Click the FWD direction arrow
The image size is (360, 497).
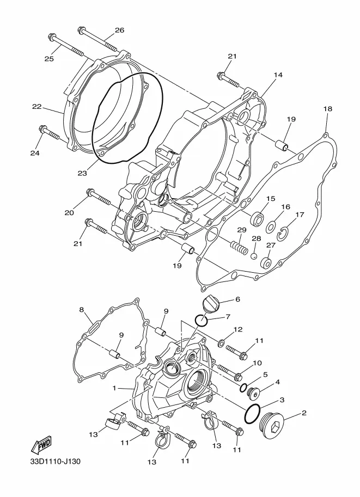[x=41, y=445]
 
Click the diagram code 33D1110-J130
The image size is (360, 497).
[x=55, y=461]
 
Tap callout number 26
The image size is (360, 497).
[x=120, y=30]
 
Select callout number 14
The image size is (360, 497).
[x=278, y=75]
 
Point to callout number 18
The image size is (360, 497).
[x=328, y=109]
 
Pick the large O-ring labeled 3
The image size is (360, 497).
[x=253, y=414]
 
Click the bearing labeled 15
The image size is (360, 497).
[x=257, y=218]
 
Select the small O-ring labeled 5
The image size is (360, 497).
[x=244, y=388]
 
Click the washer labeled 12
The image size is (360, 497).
[x=221, y=342]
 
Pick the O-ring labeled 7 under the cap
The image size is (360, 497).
[x=201, y=321]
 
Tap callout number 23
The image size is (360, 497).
[x=82, y=173]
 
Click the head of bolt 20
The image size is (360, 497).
[x=90, y=192]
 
